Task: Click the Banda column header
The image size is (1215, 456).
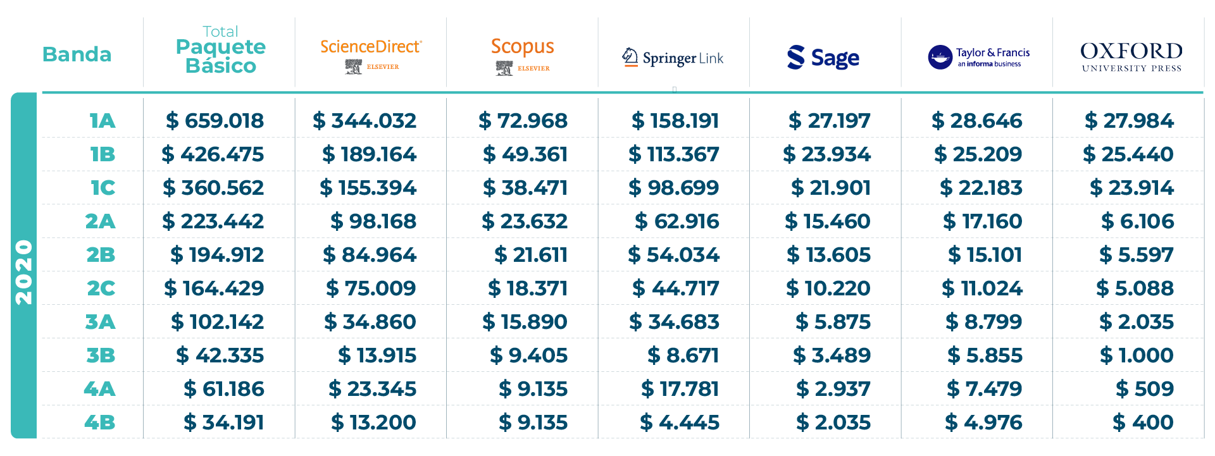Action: click(x=77, y=54)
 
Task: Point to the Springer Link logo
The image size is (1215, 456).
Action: click(x=673, y=58)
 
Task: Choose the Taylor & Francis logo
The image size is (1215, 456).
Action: click(x=978, y=57)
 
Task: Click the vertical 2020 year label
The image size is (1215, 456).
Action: click(x=24, y=272)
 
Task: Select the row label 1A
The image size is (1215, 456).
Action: click(x=102, y=121)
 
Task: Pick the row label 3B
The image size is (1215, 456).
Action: click(x=101, y=355)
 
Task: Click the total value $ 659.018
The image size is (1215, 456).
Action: click(x=215, y=121)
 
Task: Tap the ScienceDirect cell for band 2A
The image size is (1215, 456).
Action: click(x=373, y=221)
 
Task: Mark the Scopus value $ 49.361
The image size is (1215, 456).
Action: click(x=525, y=154)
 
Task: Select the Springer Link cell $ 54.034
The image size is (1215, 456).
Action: click(x=674, y=255)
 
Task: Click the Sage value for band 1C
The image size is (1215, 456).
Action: click(x=831, y=188)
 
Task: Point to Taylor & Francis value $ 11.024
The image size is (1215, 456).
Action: click(x=982, y=288)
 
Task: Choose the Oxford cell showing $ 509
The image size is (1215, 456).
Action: click(x=1145, y=389)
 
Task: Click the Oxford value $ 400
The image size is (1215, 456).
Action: click(x=1143, y=422)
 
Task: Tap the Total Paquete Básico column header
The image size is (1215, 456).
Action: click(x=220, y=51)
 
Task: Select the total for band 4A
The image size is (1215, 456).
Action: click(x=224, y=389)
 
